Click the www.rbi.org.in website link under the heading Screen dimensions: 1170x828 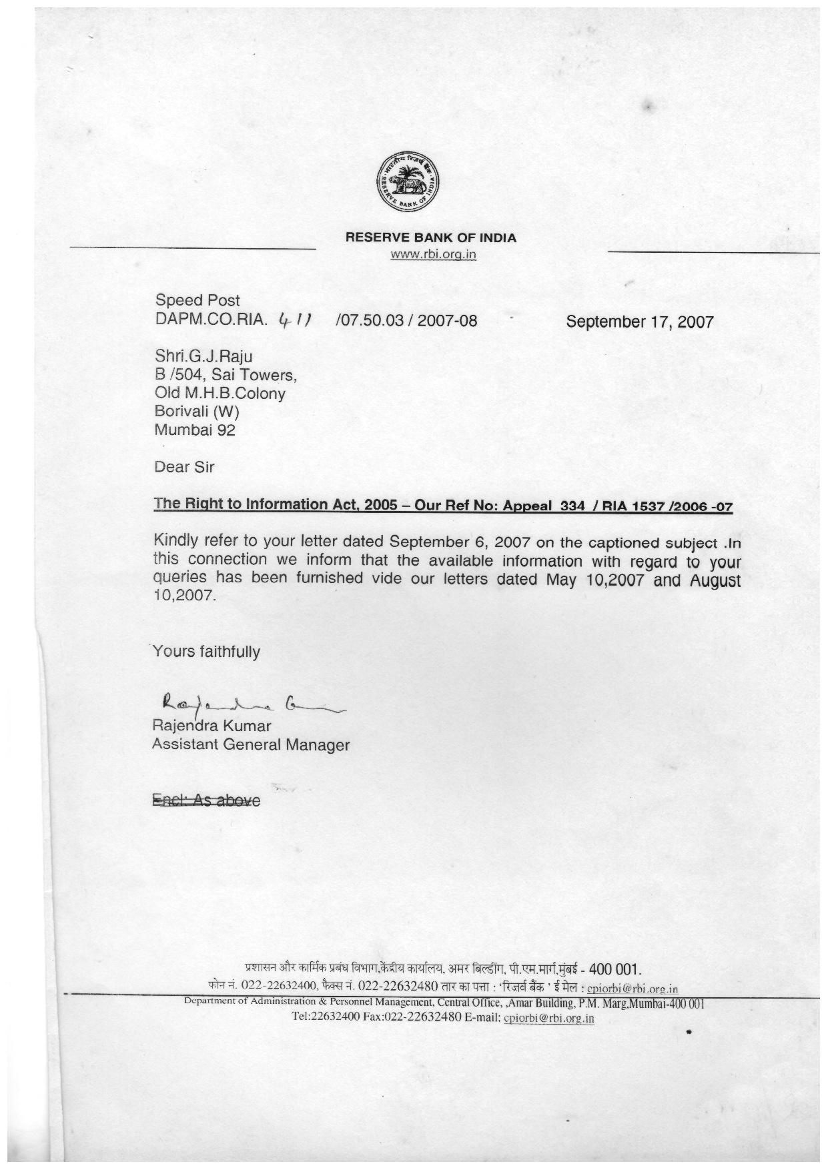tap(433, 253)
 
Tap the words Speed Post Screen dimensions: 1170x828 tap(197, 300)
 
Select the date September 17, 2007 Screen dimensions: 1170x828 tap(639, 322)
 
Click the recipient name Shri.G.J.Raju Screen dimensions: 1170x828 tap(203, 356)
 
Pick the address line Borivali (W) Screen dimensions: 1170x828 tap(196, 412)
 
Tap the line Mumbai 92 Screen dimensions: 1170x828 tap(195, 430)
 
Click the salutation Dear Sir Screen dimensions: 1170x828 tap(184, 467)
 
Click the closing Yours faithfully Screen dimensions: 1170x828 tap(206, 652)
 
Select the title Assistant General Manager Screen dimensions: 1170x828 tap(250, 744)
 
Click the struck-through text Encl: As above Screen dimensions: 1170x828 tap(206, 800)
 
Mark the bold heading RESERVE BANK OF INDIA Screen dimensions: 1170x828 tap(430, 237)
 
